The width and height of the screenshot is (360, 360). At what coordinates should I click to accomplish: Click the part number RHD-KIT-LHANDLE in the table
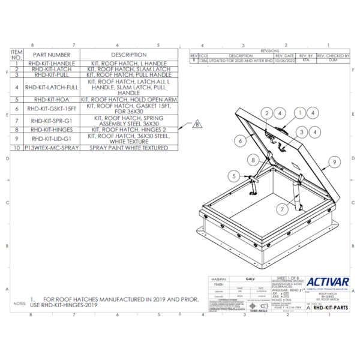click(55, 64)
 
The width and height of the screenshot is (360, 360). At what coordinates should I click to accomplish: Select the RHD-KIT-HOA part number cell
click(55, 99)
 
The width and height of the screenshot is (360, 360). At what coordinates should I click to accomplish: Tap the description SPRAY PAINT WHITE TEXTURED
click(129, 147)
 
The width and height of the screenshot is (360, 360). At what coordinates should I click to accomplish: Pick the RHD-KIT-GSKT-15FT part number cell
click(55, 109)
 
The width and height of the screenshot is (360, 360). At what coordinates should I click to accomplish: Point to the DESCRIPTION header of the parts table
click(129, 55)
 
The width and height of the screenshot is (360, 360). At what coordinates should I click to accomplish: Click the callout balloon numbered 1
click(298, 112)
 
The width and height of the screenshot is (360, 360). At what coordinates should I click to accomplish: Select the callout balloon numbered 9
click(334, 162)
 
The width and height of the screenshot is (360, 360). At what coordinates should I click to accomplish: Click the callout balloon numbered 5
click(232, 175)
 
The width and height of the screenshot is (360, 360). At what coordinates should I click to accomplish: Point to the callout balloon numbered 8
click(254, 160)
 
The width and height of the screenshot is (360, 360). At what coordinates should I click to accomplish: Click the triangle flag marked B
click(196, 125)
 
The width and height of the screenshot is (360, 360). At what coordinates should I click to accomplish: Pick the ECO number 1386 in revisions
click(203, 61)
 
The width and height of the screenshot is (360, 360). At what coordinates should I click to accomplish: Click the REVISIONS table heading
click(270, 51)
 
